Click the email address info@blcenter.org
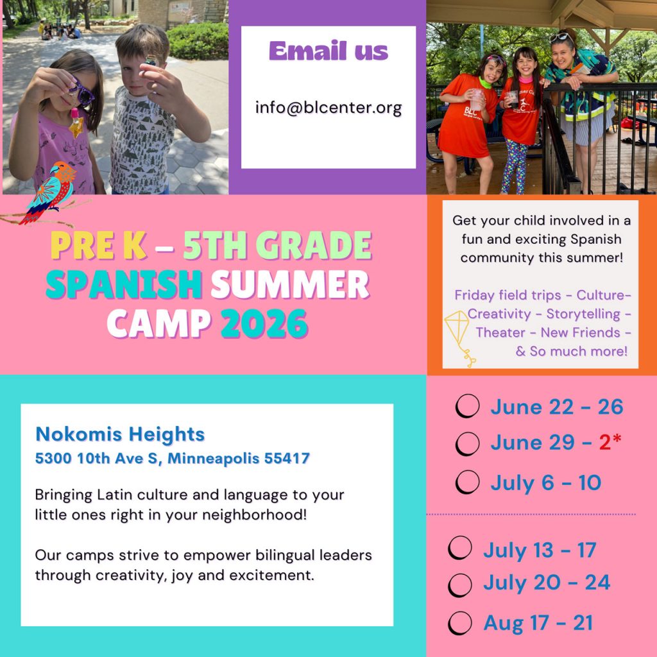(x=328, y=107)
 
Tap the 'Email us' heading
(x=328, y=51)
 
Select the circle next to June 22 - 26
(x=467, y=406)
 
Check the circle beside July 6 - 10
(x=468, y=482)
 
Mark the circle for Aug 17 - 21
(x=460, y=623)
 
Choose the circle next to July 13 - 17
(x=460, y=549)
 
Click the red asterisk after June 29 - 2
(x=617, y=440)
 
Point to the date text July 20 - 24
(x=546, y=583)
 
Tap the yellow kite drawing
(x=458, y=334)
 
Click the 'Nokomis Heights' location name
(x=120, y=434)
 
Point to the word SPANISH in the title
(x=124, y=285)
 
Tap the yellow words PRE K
(x=98, y=246)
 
